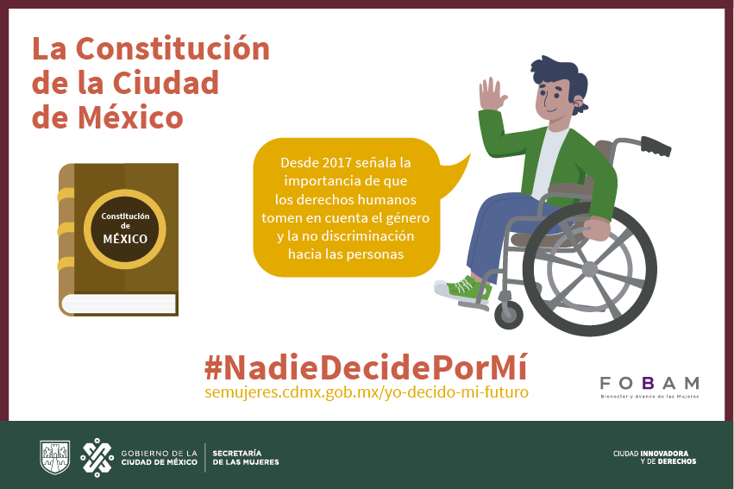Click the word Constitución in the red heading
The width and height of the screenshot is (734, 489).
pos(173,48)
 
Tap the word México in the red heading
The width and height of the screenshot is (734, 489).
pos(130,116)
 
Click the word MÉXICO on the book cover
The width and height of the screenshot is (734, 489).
pos(125,239)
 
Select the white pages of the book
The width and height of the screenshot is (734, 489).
pos(119,304)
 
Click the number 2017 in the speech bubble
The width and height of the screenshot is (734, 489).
pos(332,162)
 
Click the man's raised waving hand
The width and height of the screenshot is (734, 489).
pos(492,94)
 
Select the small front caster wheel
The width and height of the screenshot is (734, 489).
pos(508,315)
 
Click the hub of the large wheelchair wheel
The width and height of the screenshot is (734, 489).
pos(590,269)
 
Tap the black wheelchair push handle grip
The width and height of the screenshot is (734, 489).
pos(656,146)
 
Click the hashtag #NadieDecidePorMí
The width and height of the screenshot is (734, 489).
pos(366,367)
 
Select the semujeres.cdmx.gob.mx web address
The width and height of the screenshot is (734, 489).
pos(367,392)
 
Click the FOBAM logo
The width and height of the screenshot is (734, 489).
pos(649,387)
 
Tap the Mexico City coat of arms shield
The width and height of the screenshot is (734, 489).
pos(54,457)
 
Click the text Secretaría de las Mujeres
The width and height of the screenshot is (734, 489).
pos(246,458)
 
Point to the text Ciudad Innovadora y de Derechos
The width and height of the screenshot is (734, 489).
pos(655,457)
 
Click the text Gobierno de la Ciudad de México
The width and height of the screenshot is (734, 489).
pos(160,458)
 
